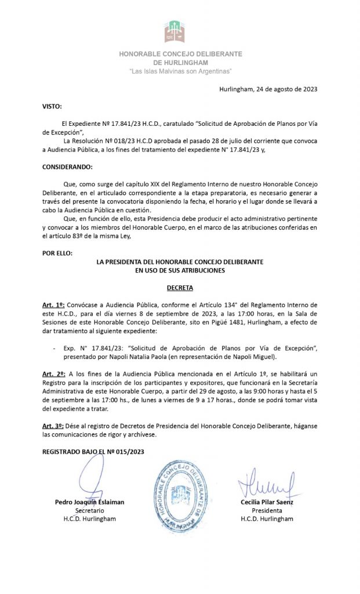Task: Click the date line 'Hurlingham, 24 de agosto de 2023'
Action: (268, 89)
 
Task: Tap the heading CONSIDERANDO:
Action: (67, 166)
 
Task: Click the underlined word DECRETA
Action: (180, 287)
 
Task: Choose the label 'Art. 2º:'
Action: (54, 374)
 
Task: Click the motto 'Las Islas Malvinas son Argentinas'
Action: (180, 71)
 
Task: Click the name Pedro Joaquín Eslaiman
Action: (90, 502)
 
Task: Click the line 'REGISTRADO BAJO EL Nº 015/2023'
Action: (93, 451)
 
